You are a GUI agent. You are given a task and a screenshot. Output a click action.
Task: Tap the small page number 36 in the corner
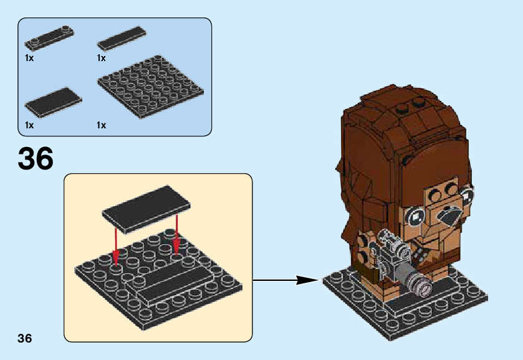click(24, 338)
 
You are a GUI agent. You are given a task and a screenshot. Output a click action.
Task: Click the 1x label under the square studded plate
click(102, 125)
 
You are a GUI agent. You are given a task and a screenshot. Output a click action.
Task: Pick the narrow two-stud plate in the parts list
click(50, 38)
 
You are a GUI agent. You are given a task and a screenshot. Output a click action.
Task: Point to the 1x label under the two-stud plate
click(29, 58)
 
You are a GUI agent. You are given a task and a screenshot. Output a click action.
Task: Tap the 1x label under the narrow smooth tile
click(102, 58)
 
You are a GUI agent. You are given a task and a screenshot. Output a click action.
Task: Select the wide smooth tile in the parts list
click(49, 102)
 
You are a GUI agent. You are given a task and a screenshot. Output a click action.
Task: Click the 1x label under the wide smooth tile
click(29, 125)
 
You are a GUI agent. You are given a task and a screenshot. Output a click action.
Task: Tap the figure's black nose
click(451, 217)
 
